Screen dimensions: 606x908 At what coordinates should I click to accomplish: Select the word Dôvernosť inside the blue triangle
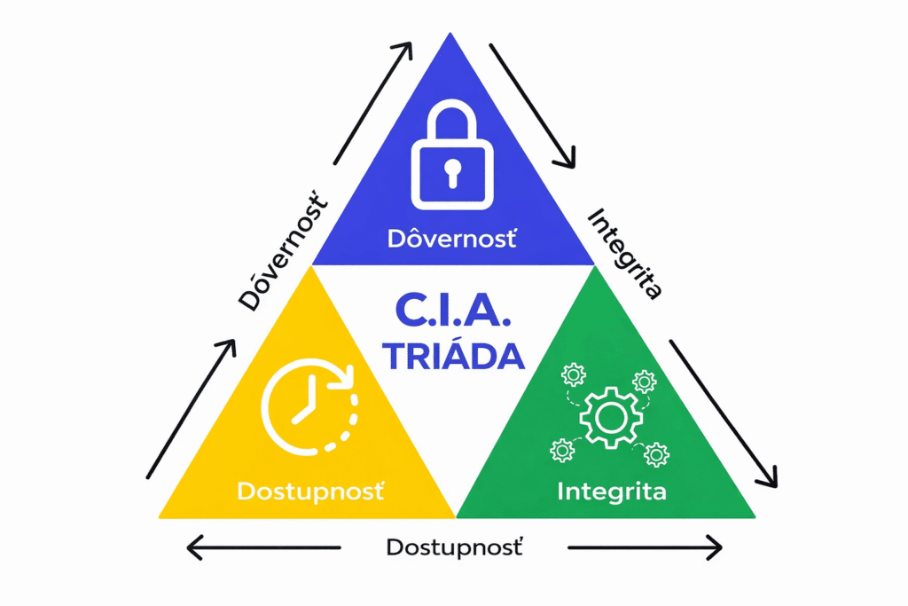[452, 239]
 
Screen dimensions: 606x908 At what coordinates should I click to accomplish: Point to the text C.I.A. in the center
[454, 312]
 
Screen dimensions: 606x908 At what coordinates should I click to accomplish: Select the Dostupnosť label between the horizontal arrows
[454, 547]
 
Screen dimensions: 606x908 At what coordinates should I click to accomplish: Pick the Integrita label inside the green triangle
[611, 490]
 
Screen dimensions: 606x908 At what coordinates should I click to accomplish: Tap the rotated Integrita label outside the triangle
[625, 253]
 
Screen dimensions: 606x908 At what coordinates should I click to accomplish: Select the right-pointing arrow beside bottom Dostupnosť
[645, 547]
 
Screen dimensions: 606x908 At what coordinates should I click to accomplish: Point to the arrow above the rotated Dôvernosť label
[372, 102]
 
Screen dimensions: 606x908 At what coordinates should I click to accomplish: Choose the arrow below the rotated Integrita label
[724, 413]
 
